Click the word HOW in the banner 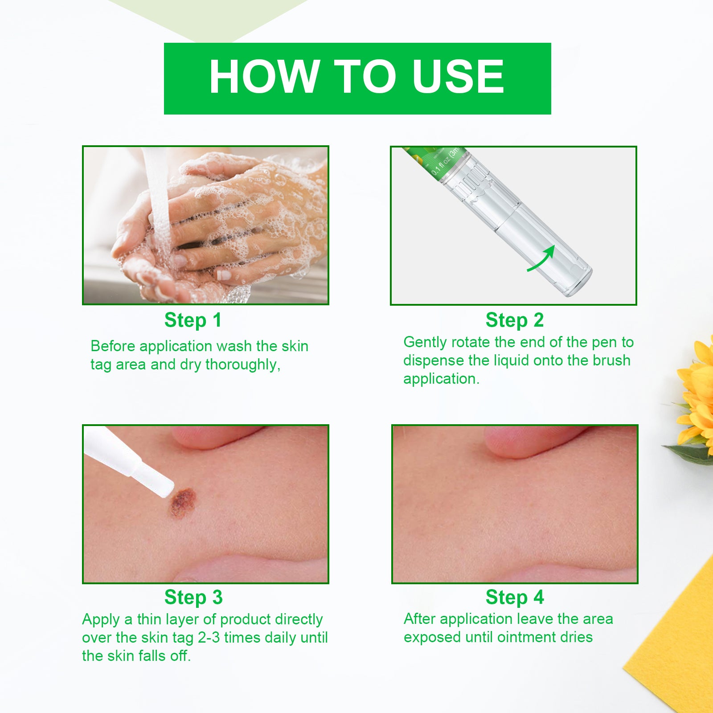(x=264, y=77)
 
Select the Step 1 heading (x=193, y=320)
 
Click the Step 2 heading (x=515, y=320)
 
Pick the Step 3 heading (x=193, y=597)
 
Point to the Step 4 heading (x=515, y=597)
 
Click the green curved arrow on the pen (x=542, y=258)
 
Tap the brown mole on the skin (x=183, y=502)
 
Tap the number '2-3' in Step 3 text (x=209, y=638)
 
